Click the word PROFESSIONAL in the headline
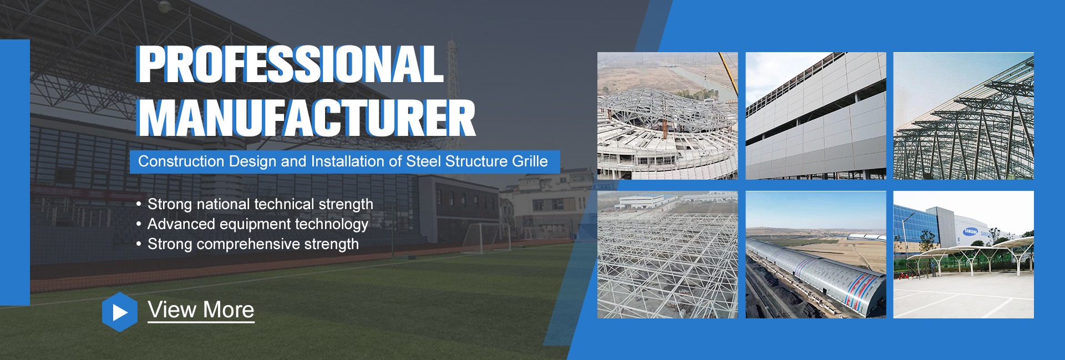tap(290, 64)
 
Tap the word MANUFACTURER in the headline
tap(307, 118)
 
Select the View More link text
tap(201, 310)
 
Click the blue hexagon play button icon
tap(119, 312)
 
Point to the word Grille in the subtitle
tap(530, 161)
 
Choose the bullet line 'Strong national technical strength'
tap(260, 204)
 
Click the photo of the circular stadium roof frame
tap(667, 116)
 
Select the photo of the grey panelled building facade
tap(815, 116)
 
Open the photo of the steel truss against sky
tap(963, 116)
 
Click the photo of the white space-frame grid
tap(667, 255)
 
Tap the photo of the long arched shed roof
tap(815, 255)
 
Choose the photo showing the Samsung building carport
tap(963, 255)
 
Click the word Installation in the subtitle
tap(348, 161)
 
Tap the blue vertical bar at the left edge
tap(15, 172)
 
